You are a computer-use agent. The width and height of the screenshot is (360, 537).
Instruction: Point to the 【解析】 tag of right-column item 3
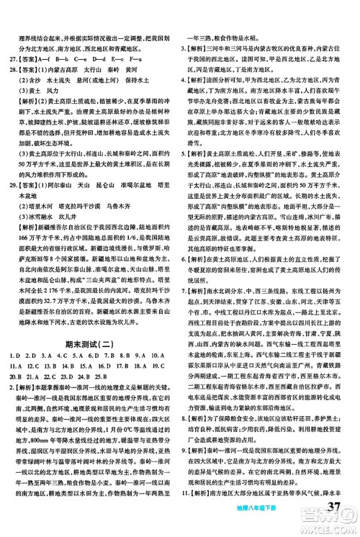pos(200,48)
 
